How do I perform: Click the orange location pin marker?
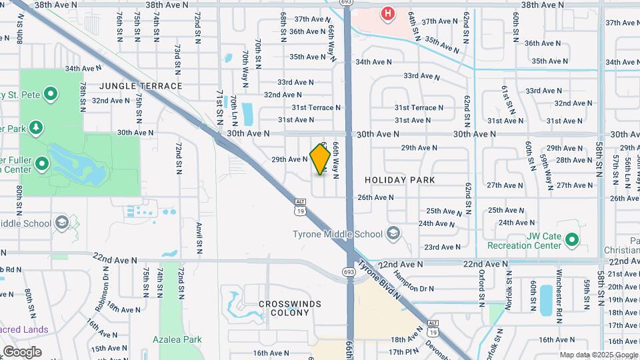point(321,159)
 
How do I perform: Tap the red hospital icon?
point(387,13)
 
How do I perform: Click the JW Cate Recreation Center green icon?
point(571,239)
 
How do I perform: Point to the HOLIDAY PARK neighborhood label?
point(400,180)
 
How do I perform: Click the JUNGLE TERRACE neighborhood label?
point(141,86)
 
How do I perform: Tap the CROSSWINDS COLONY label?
point(290,309)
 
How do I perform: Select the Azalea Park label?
point(181,339)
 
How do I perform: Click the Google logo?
point(22,351)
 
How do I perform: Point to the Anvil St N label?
point(199,238)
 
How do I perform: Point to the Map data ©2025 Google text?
point(599,355)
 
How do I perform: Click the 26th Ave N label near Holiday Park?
point(376,197)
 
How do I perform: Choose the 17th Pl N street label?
point(403,351)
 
